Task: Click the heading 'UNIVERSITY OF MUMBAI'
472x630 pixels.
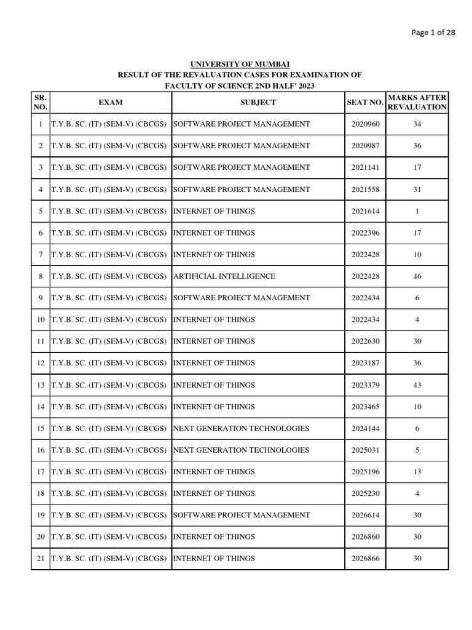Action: pyautogui.click(x=240, y=65)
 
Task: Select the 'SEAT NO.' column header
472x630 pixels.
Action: pyautogui.click(x=365, y=102)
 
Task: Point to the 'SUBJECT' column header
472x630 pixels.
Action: pyautogui.click(x=258, y=102)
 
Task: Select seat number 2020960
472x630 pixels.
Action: pyautogui.click(x=366, y=124)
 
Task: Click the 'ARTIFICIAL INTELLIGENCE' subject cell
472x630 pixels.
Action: pyautogui.click(x=224, y=276)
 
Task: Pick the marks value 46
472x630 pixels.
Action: pyautogui.click(x=417, y=276)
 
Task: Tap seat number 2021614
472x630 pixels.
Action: pyautogui.click(x=366, y=211)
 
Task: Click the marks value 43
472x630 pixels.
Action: pyautogui.click(x=417, y=385)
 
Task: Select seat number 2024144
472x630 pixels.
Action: pyautogui.click(x=366, y=428)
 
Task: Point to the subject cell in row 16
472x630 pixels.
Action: pyautogui.click(x=242, y=450)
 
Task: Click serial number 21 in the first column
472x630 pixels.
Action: pyautogui.click(x=41, y=559)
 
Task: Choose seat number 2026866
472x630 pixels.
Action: pyautogui.click(x=366, y=559)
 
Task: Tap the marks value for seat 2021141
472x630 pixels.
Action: pyautogui.click(x=417, y=167)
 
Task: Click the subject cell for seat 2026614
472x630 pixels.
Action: pyautogui.click(x=242, y=515)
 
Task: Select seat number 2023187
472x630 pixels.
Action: pyautogui.click(x=366, y=363)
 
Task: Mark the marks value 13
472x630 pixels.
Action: pyautogui.click(x=417, y=472)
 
